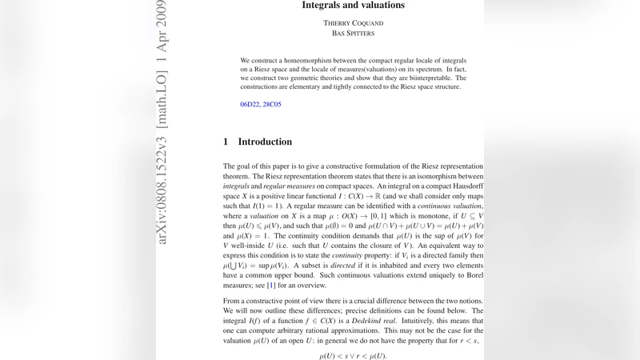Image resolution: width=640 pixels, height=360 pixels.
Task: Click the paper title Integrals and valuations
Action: coord(353,6)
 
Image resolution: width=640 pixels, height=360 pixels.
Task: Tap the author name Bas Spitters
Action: coord(353,34)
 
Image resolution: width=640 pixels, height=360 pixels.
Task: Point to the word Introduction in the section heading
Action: coord(265,142)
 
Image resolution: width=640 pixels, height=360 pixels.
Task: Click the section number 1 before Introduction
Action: coord(226,142)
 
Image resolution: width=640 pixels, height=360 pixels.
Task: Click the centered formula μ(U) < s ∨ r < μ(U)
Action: coord(353,354)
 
